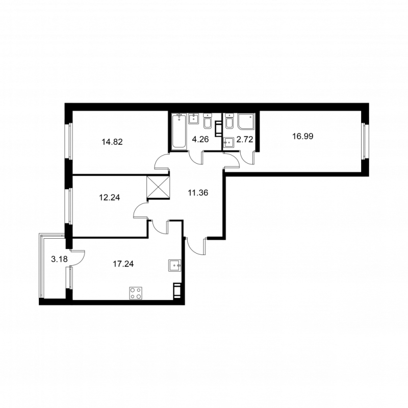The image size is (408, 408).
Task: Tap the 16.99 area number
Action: [286, 136]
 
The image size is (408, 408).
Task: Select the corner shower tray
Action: [247, 122]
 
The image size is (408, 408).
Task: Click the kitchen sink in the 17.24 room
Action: [174, 265]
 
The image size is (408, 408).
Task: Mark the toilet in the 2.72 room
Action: [229, 123]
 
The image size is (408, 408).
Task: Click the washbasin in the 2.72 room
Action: [229, 142]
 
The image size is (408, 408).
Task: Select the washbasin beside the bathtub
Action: [193, 120]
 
